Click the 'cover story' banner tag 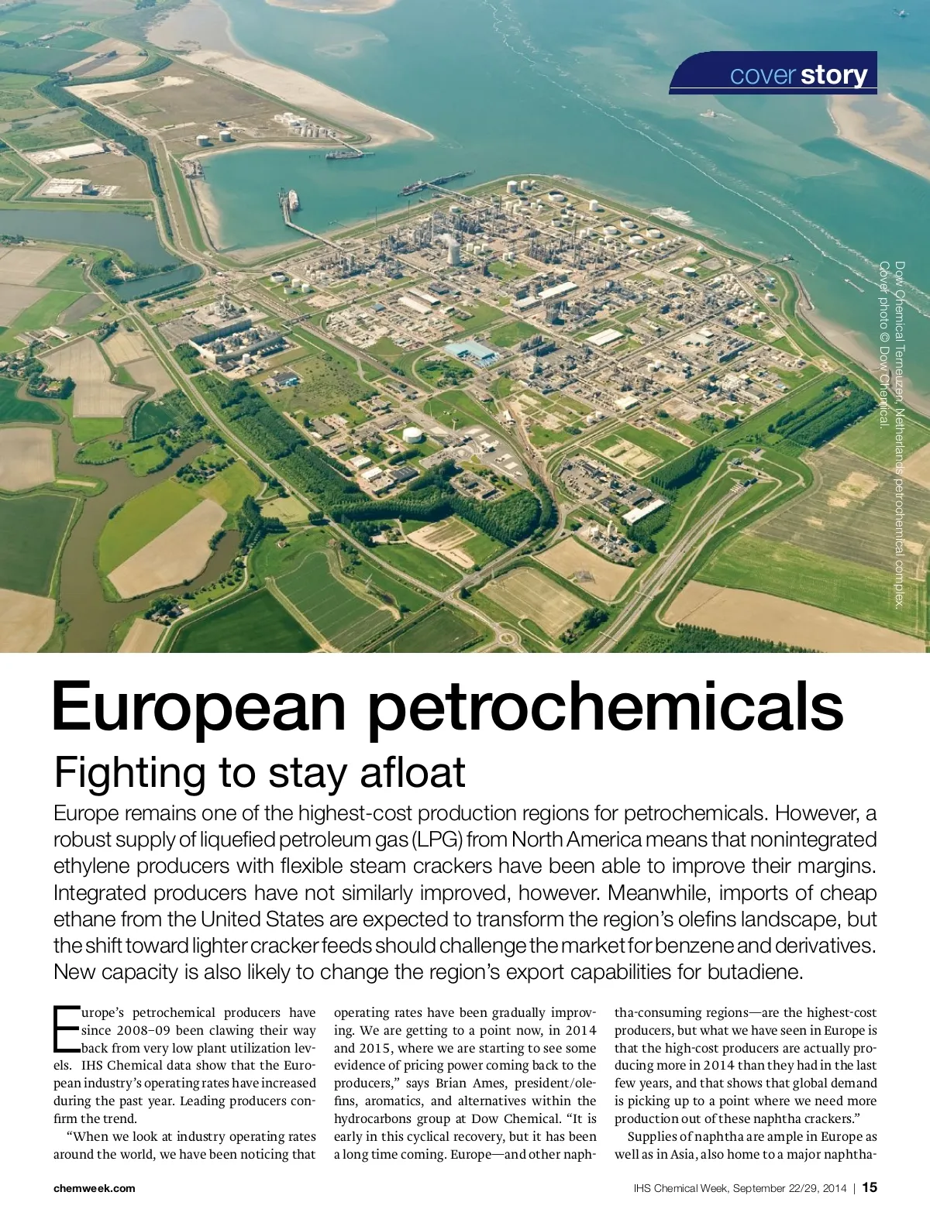click(x=798, y=75)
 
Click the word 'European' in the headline click(x=198, y=706)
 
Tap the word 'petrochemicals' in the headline click(x=604, y=706)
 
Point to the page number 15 click(x=870, y=1187)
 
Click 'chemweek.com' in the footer click(x=94, y=1188)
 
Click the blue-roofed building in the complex click(x=471, y=351)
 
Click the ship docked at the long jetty click(x=293, y=200)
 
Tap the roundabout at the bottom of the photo click(x=507, y=638)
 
